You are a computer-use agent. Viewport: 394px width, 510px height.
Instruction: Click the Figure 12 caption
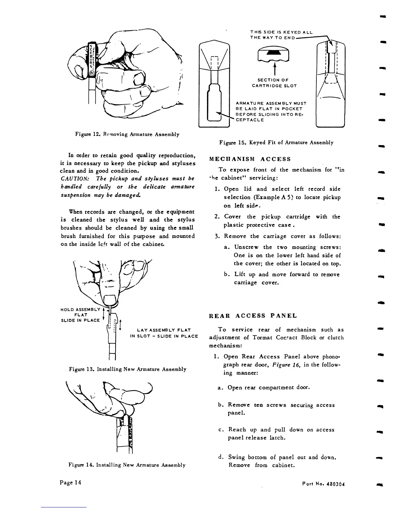pos(127,134)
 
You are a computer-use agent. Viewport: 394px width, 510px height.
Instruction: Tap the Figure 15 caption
pos(276,142)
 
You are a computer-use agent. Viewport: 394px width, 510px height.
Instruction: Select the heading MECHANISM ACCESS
pos(250,159)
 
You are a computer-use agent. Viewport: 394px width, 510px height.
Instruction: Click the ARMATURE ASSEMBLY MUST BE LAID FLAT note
pos(270,111)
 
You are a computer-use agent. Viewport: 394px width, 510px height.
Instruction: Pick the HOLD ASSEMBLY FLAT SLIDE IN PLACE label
pos(80,315)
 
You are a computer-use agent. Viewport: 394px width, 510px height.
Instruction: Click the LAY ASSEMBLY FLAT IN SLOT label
pos(164,333)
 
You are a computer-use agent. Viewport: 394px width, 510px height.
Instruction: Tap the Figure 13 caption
pos(127,369)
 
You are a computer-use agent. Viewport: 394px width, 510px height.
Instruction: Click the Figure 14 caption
pos(127,465)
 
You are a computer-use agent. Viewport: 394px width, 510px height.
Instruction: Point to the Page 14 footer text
pos(70,482)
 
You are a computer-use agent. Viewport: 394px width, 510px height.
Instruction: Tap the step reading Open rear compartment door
pos(268,388)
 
